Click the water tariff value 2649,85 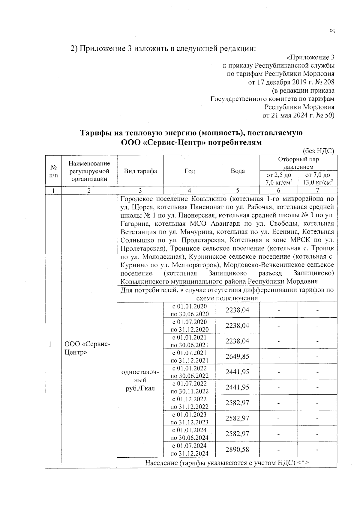pyautogui.click(x=237, y=357)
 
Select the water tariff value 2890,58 pyautogui.click(x=237, y=450)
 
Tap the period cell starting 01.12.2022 pyautogui.click(x=190, y=403)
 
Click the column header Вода pyautogui.click(x=238, y=171)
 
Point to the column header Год pyautogui.click(x=190, y=171)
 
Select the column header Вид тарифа pyautogui.click(x=140, y=171)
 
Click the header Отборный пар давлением pyautogui.click(x=298, y=163)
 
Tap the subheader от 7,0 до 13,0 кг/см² pyautogui.click(x=317, y=179)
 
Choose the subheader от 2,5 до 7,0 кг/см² pyautogui.click(x=279, y=179)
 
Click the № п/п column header pyautogui.click(x=53, y=171)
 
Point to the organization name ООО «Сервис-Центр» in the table pyautogui.click(x=87, y=348)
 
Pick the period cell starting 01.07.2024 pyautogui.click(x=190, y=450)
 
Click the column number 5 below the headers pyautogui.click(x=238, y=190)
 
